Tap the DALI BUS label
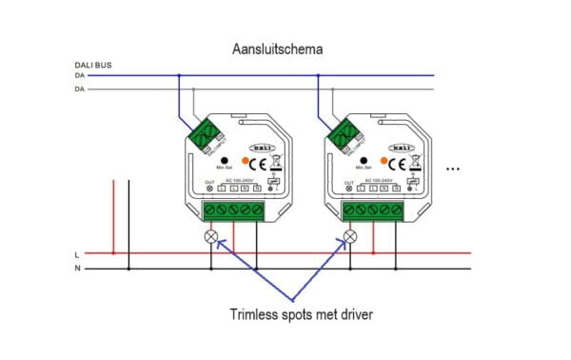click(92, 66)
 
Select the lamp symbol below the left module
click(212, 235)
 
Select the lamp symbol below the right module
click(350, 235)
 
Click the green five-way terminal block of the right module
click(373, 210)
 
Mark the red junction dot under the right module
click(373, 253)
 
